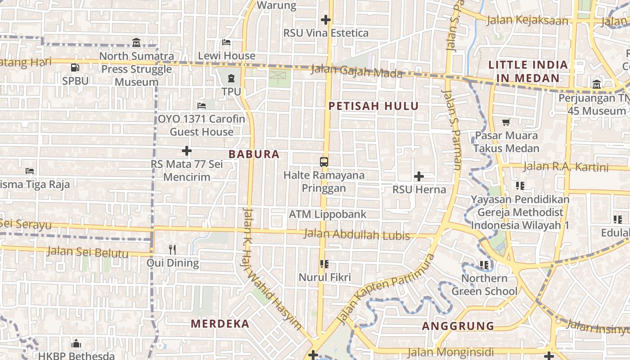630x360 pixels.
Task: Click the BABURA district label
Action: (254, 154)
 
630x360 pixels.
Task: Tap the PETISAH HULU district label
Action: (373, 106)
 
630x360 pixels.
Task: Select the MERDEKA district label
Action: (220, 324)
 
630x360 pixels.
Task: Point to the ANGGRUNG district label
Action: (458, 326)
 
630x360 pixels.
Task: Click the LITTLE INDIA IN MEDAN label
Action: (528, 71)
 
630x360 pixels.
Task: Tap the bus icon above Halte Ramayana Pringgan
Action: (324, 162)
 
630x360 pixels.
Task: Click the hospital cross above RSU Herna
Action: (419, 176)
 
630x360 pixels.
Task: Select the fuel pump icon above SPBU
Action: (75, 67)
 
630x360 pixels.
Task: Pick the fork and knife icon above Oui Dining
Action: (172, 249)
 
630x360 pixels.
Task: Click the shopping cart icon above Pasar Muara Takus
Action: (506, 122)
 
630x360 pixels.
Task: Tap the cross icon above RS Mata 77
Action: (187, 151)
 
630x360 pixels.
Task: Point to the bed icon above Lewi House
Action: (226, 42)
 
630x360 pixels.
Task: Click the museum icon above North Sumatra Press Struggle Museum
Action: (136, 43)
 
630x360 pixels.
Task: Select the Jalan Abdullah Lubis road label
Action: (357, 234)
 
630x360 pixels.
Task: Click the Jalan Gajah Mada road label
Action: (357, 71)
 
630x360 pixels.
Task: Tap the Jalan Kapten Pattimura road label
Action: (386, 289)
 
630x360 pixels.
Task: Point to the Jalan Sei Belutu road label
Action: (87, 252)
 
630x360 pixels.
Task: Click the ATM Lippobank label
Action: (328, 214)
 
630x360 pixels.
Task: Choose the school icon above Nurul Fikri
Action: (324, 264)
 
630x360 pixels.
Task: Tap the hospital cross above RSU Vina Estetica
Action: (326, 20)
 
